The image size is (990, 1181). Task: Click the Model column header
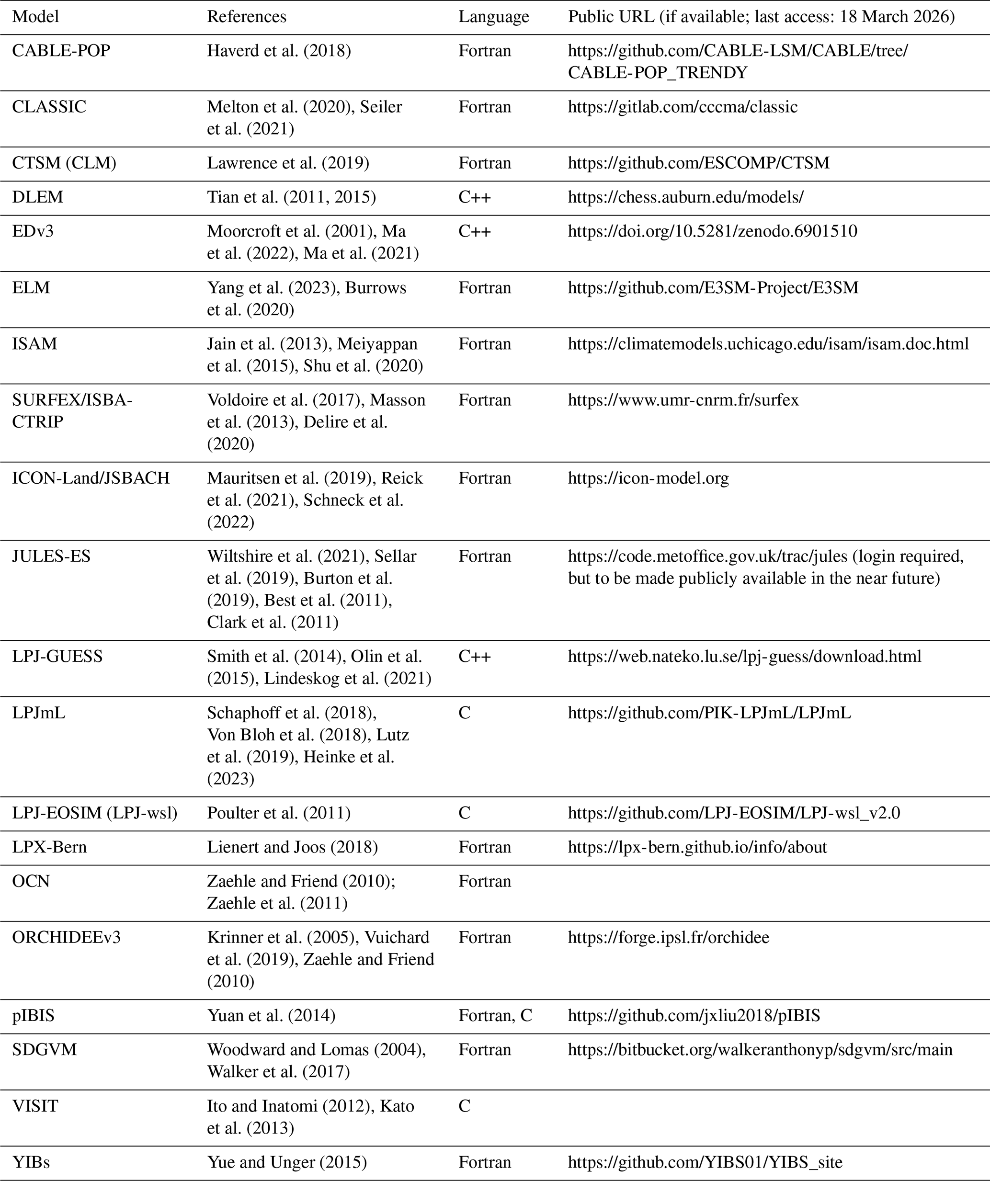click(35, 17)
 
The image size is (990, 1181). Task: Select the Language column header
click(493, 17)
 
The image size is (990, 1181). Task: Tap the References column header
click(246, 17)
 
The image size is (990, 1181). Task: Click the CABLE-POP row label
click(61, 51)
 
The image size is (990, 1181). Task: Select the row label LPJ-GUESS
click(57, 656)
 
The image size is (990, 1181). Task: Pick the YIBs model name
click(31, 1162)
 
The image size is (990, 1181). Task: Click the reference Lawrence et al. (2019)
click(288, 163)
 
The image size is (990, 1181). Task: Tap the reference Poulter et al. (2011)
click(278, 813)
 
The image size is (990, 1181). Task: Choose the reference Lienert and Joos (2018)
click(292, 847)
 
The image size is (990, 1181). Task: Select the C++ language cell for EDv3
click(474, 231)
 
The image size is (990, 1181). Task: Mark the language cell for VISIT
click(464, 1106)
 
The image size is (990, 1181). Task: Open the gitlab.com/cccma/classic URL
click(683, 107)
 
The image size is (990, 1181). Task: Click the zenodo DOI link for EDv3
click(712, 231)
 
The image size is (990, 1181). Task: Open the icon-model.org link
click(648, 478)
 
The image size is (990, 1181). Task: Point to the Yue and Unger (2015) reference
click(287, 1162)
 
